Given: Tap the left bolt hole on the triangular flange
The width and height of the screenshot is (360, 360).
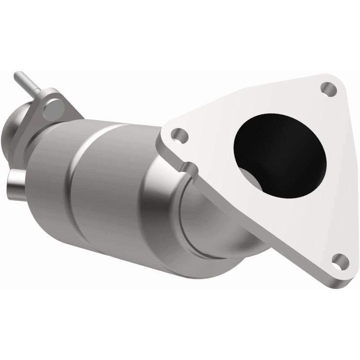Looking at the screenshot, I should click(x=180, y=134).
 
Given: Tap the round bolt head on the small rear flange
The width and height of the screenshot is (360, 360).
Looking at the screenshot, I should click(x=54, y=107).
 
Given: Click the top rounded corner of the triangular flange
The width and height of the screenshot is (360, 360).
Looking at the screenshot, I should click(x=331, y=79).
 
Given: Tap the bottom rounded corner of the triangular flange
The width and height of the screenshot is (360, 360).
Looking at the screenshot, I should click(x=344, y=270).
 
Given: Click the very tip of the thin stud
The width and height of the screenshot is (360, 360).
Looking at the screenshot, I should click(x=17, y=74).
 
